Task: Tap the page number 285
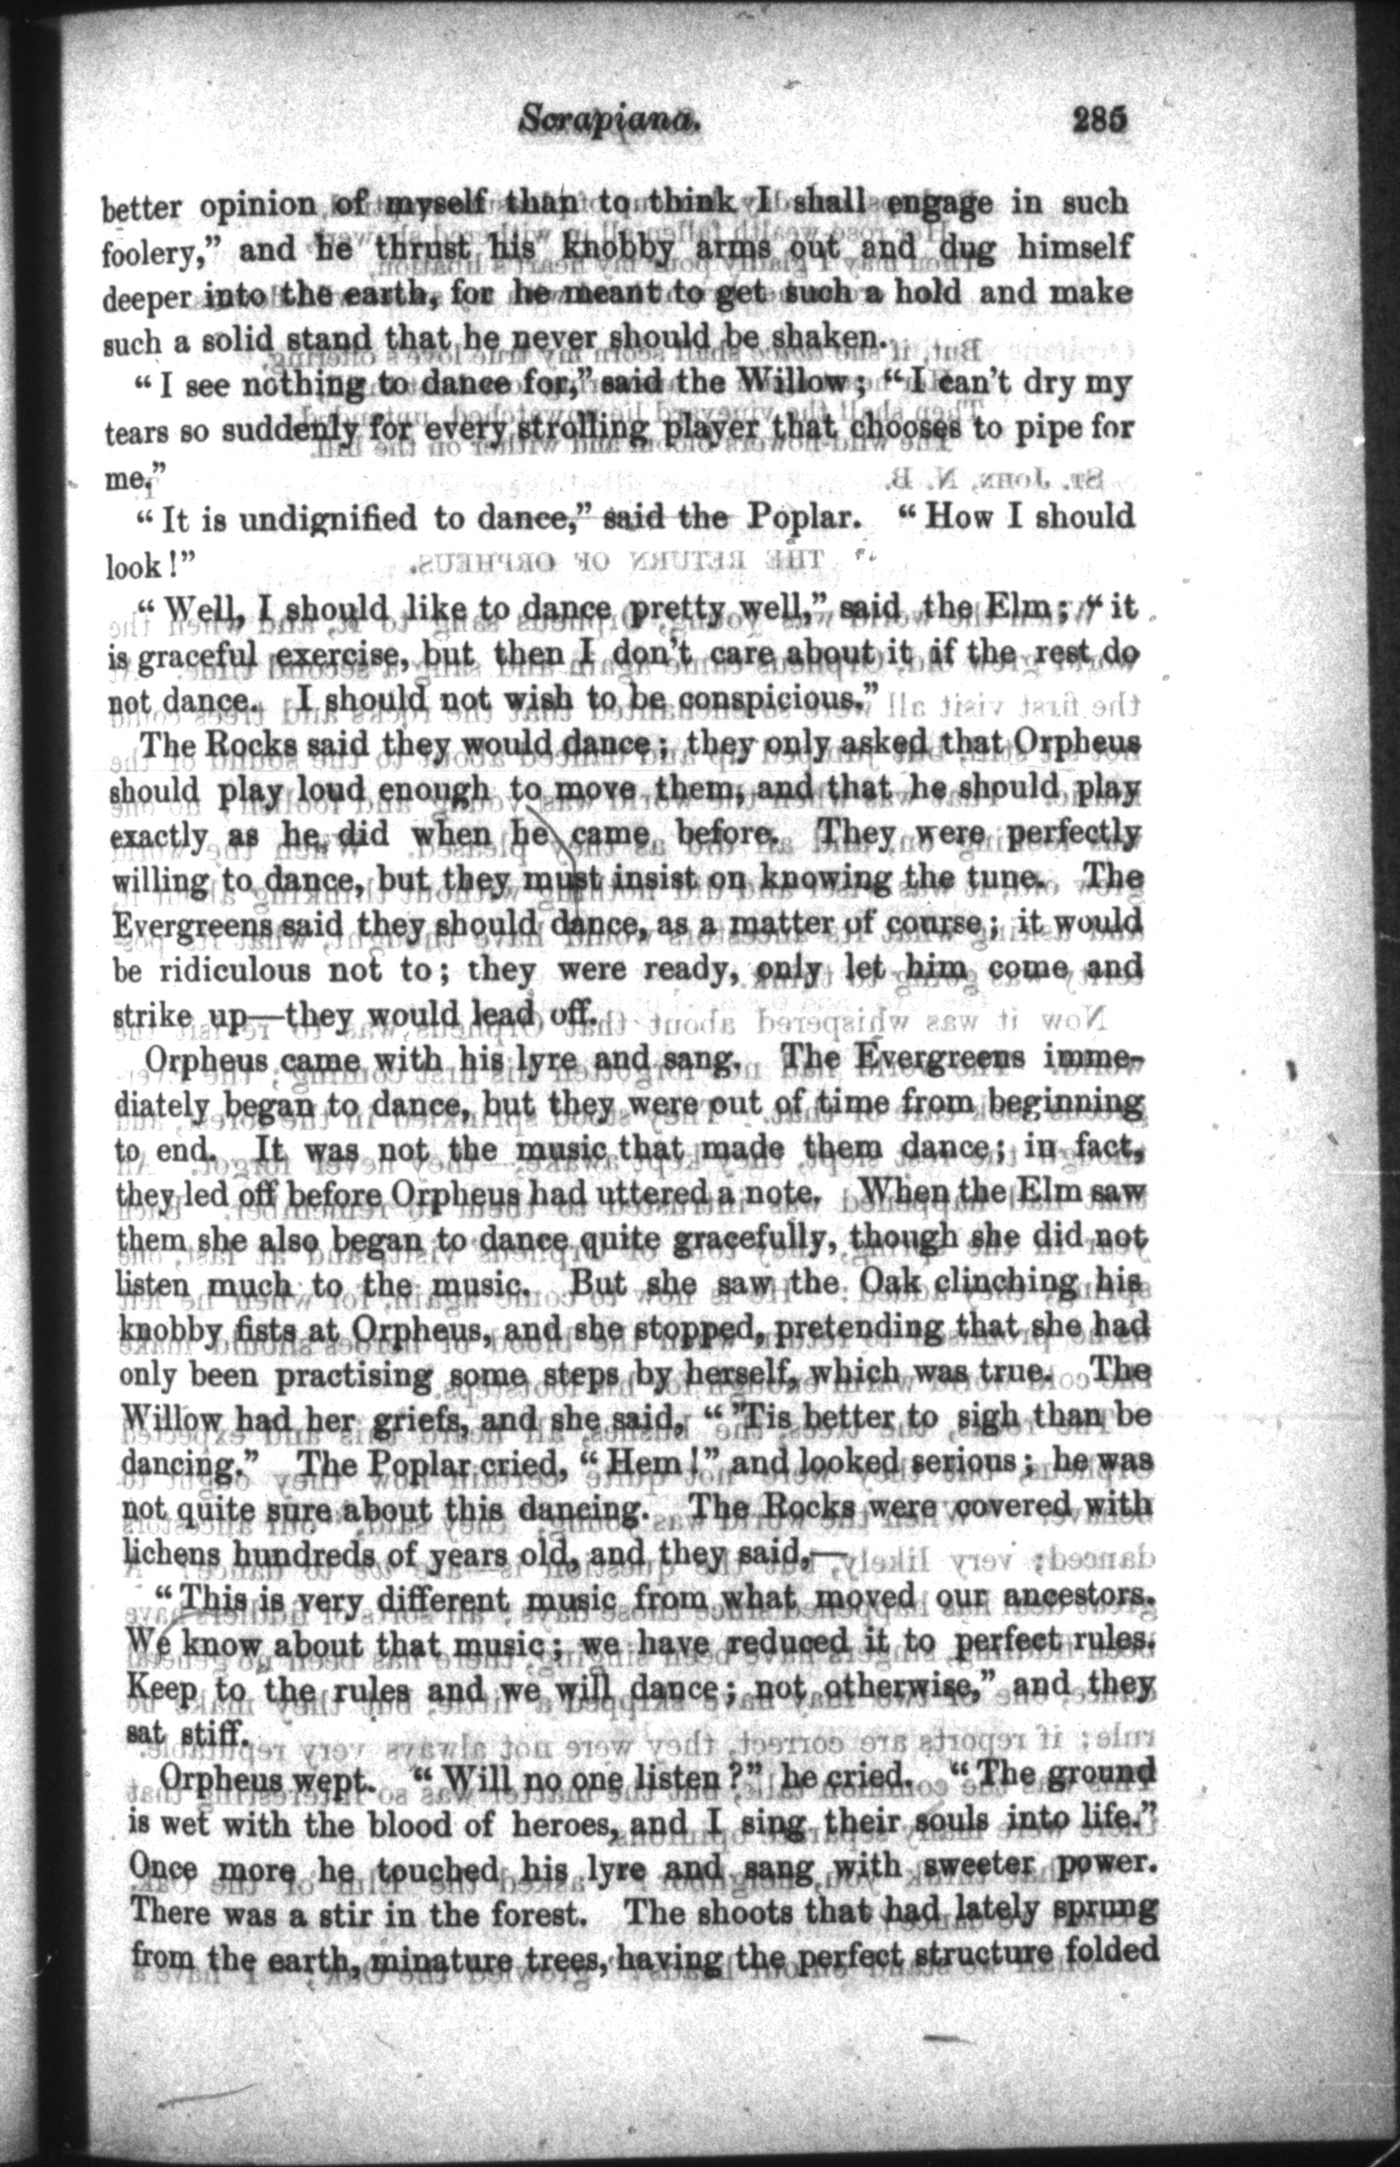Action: pos(1099,120)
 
